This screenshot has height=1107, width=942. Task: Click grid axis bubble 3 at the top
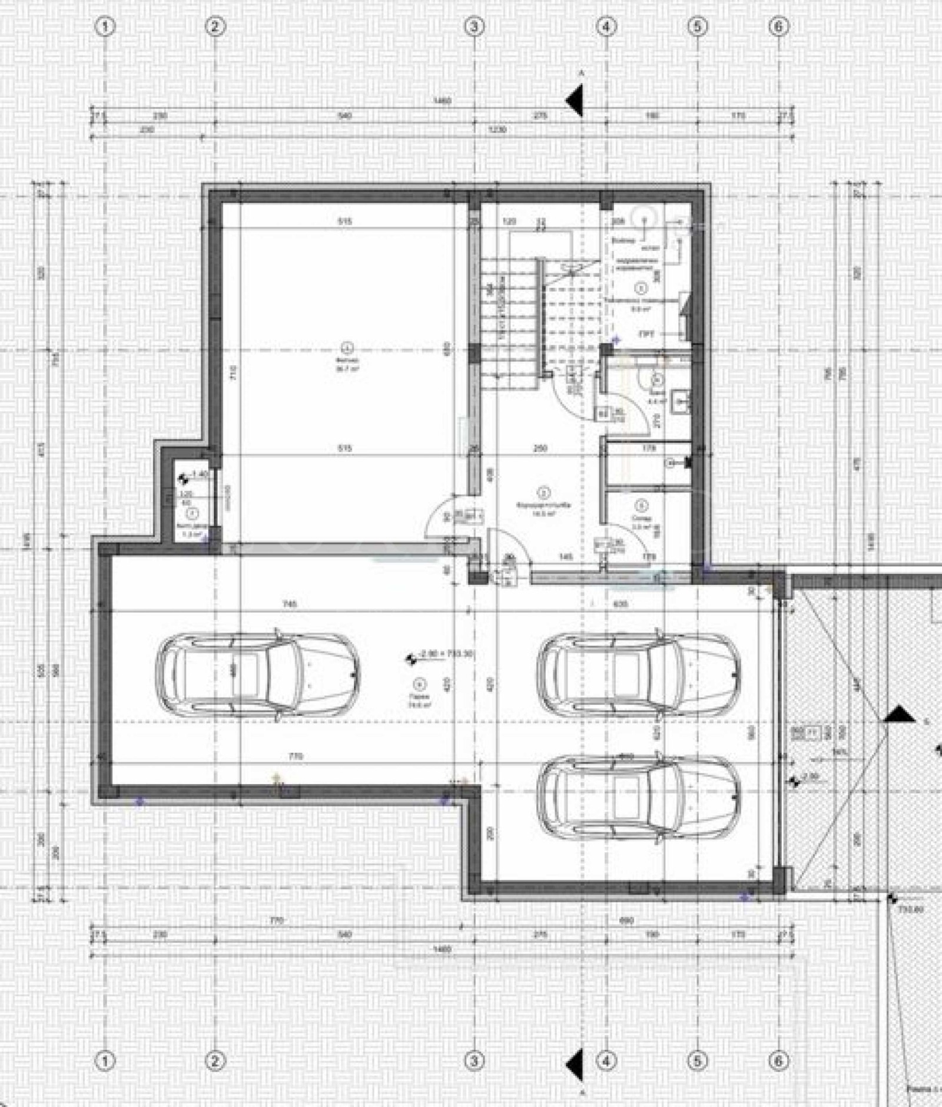[x=475, y=27]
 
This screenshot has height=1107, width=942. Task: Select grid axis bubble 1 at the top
[x=106, y=27]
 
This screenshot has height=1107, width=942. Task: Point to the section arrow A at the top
[x=575, y=100]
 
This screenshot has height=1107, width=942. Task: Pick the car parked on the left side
[x=257, y=676]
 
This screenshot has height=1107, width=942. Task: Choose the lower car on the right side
[x=638, y=797]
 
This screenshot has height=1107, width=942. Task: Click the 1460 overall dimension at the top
[x=442, y=101]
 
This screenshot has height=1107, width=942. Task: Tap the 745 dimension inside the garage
[x=290, y=603]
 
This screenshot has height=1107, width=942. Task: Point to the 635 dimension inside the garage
[x=621, y=603]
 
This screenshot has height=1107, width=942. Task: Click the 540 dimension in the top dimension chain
[x=345, y=116]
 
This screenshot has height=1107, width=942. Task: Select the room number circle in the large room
[x=347, y=346]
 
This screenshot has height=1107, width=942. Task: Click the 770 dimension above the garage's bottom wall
[x=296, y=756]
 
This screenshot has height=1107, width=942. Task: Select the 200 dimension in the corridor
[x=540, y=448]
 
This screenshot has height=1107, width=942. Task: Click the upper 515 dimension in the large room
[x=345, y=222]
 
